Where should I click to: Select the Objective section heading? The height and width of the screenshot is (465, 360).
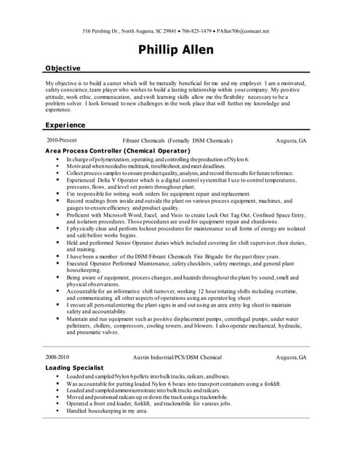[63, 68]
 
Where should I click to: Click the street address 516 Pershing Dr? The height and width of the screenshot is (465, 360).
[103, 31]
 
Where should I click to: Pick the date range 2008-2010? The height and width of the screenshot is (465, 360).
[60, 357]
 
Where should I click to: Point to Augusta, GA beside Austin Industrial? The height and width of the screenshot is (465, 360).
[292, 358]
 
